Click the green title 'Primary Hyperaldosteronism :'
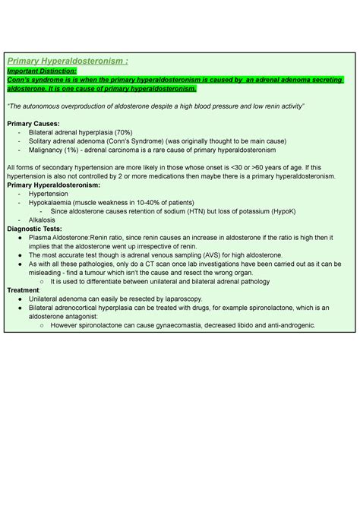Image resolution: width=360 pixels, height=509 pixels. coord(68,62)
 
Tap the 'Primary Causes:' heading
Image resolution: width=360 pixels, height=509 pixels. coord(33,122)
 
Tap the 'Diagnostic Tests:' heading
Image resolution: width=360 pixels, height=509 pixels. coord(35,229)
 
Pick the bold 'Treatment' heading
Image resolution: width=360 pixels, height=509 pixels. coord(23,289)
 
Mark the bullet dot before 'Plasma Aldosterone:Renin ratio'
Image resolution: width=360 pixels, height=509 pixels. coord(19,237)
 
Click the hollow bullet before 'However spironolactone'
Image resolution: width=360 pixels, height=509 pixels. coord(40,324)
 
